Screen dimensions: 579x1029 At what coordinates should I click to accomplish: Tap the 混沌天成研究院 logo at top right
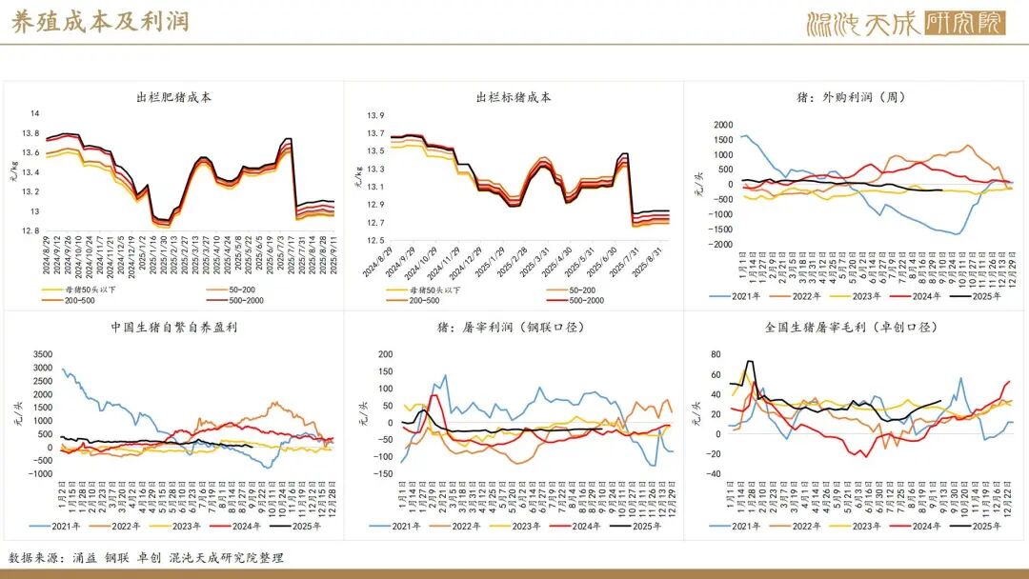tap(905, 23)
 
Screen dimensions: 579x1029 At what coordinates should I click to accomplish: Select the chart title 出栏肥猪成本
tap(173, 97)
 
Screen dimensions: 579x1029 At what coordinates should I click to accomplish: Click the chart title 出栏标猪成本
tap(513, 97)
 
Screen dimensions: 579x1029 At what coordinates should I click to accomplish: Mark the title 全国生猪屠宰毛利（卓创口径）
tap(852, 329)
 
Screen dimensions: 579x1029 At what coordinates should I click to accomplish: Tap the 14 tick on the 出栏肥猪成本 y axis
tap(34, 114)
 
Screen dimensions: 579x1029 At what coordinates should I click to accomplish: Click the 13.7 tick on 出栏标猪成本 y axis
tap(375, 134)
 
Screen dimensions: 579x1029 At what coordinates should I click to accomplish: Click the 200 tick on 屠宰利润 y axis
tap(385, 354)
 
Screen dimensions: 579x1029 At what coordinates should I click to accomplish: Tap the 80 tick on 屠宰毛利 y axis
tap(716, 355)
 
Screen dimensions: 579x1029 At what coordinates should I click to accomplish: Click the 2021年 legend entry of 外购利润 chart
tap(739, 295)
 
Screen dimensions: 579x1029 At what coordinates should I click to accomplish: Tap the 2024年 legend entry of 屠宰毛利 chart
tap(923, 525)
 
